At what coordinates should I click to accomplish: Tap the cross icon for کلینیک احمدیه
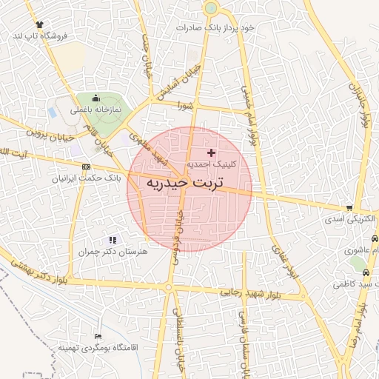[211, 152]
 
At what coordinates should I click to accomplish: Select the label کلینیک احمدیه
[210, 164]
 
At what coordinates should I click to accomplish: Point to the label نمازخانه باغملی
[95, 110]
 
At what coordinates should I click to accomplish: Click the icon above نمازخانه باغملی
[95, 98]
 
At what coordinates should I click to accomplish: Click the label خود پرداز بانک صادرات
[215, 27]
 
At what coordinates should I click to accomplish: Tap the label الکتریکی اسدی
[349, 220]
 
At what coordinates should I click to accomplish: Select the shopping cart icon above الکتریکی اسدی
[349, 208]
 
